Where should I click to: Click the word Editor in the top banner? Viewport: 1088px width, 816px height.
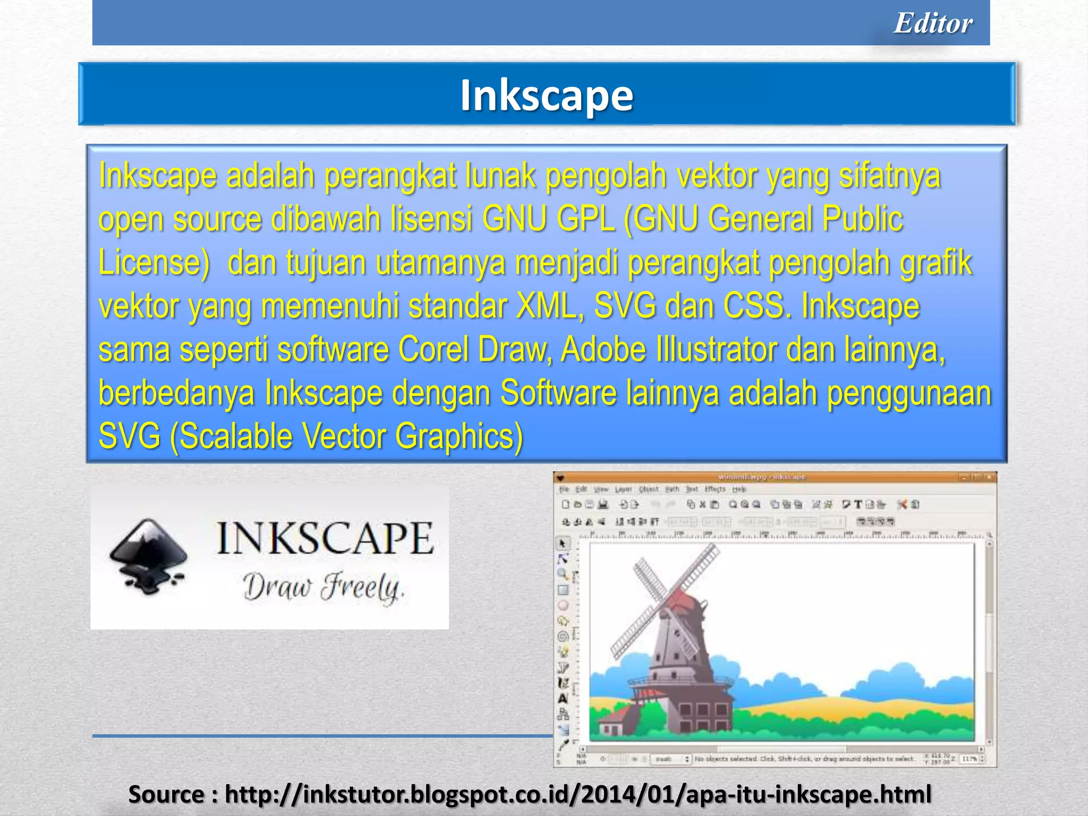tap(933, 23)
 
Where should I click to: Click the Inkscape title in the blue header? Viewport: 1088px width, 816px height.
tap(547, 96)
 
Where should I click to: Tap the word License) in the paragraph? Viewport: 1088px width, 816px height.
tap(154, 263)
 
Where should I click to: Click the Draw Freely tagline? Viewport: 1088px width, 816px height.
tap(323, 587)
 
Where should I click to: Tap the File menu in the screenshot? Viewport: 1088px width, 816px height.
tap(564, 489)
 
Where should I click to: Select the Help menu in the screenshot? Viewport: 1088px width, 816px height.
tap(739, 489)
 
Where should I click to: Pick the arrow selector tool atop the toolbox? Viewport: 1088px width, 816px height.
tap(563, 543)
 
